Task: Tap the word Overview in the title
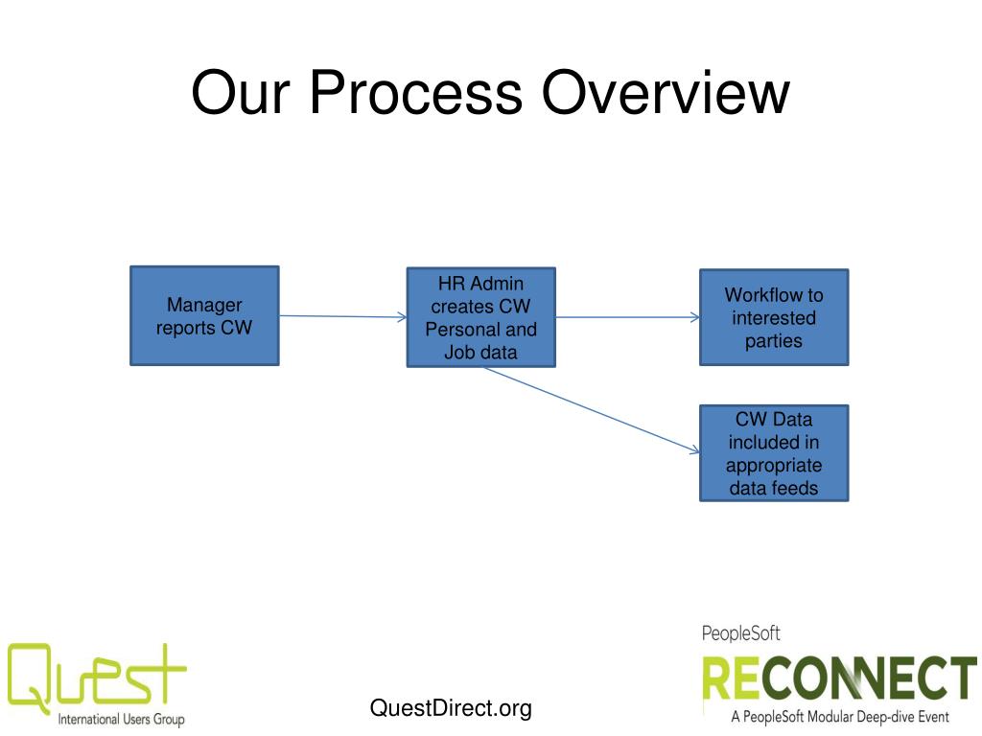[x=665, y=93]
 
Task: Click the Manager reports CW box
[x=204, y=315]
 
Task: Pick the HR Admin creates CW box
[x=480, y=317]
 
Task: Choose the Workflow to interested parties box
[x=773, y=317]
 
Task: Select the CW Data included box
[x=773, y=453]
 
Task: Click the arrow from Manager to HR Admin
[x=342, y=316]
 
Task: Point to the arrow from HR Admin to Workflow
[x=627, y=317]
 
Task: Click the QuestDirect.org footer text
[x=450, y=708]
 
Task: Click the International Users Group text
[x=121, y=719]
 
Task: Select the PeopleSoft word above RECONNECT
[x=740, y=633]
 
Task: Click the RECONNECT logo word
[x=838, y=678]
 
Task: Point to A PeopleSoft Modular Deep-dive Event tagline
[x=839, y=716]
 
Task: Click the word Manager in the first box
[x=204, y=305]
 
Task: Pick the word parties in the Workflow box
[x=773, y=340]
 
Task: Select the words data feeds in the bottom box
[x=773, y=488]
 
